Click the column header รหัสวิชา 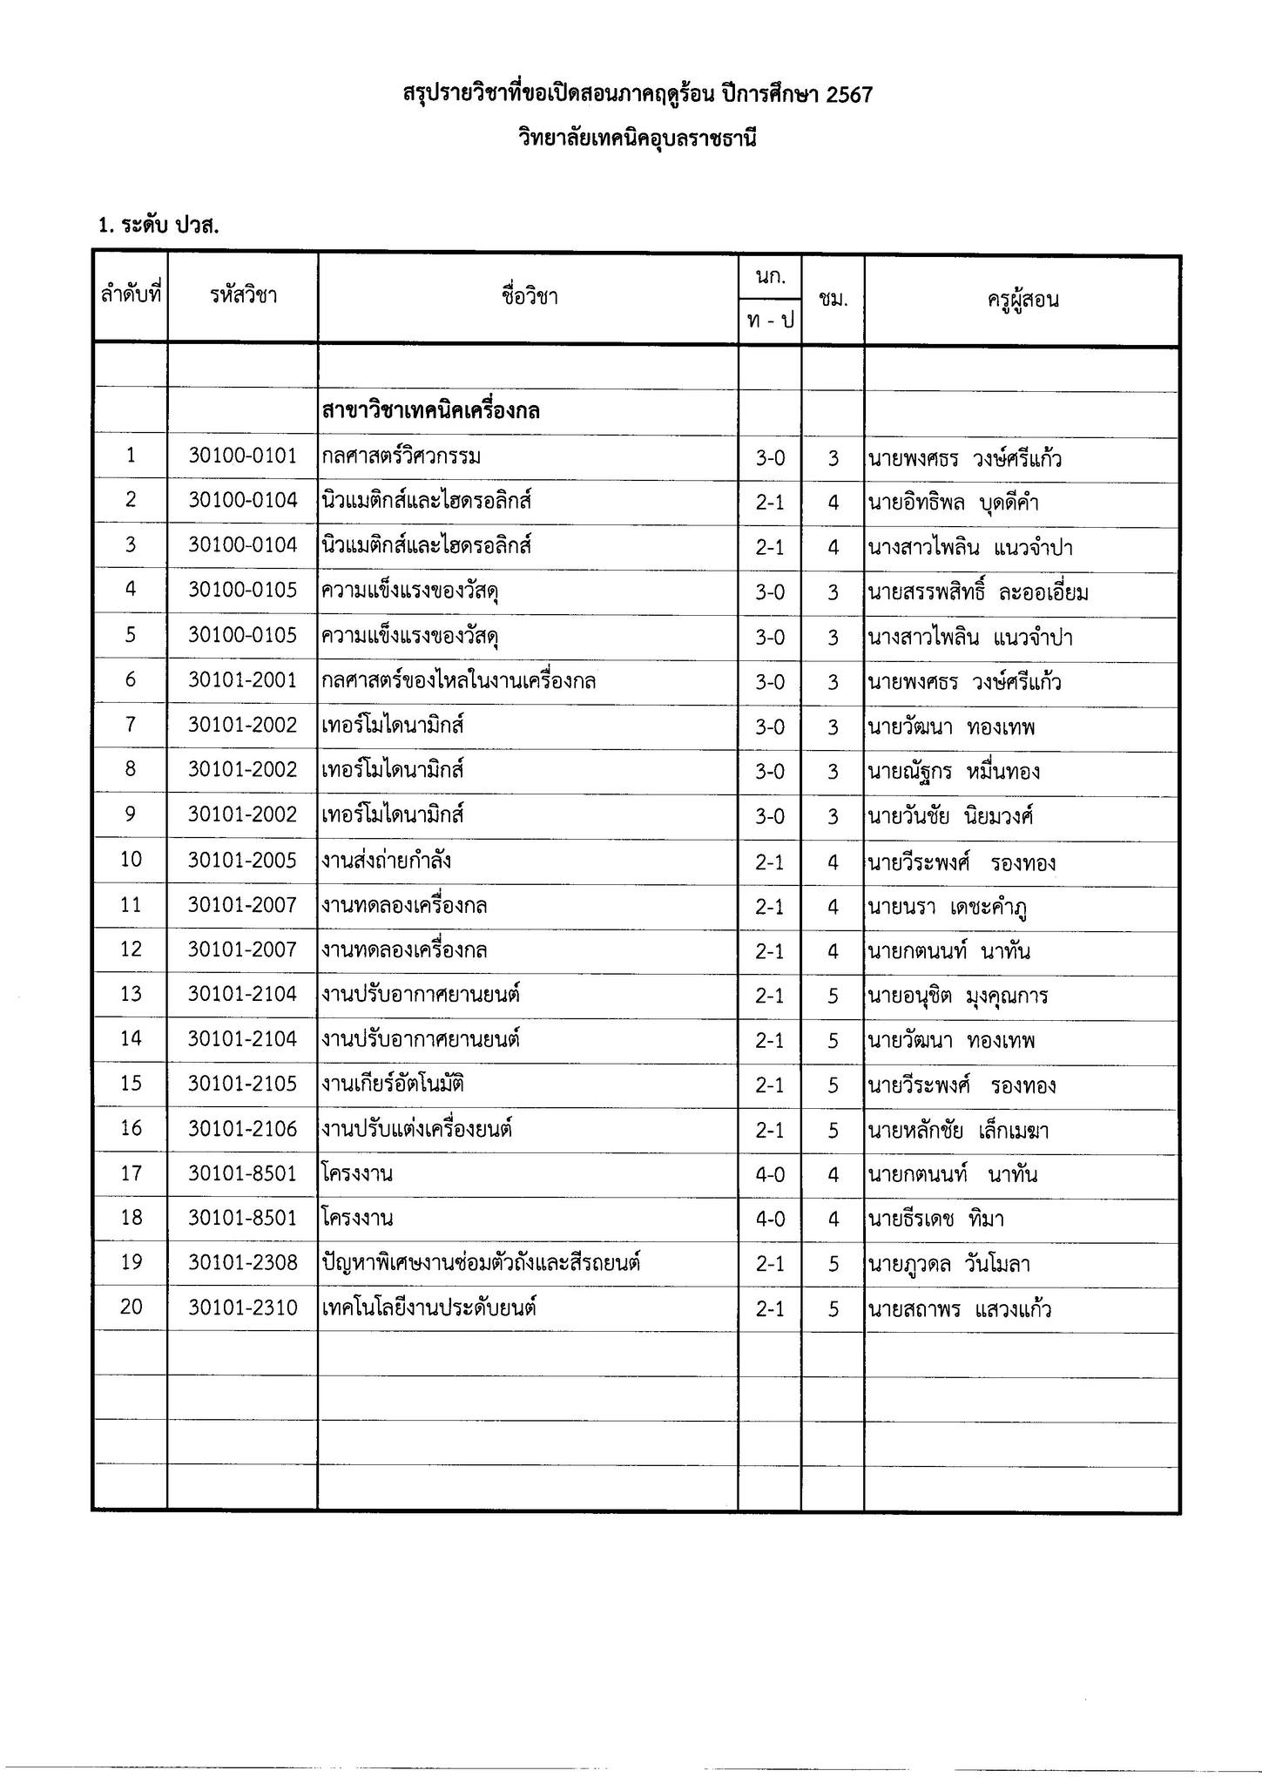coord(243,296)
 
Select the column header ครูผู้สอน coord(1022,301)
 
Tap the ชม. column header coord(833,300)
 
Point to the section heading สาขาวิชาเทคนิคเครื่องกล coord(430,410)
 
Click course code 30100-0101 coord(243,456)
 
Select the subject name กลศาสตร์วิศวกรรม coord(402,456)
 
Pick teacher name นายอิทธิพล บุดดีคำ coord(953,503)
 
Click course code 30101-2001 coord(243,680)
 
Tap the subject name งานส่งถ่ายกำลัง coord(386,861)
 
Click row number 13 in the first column coord(131,994)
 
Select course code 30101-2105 coord(243,1085)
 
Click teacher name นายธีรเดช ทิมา coord(935,1219)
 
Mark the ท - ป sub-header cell coord(770,321)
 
